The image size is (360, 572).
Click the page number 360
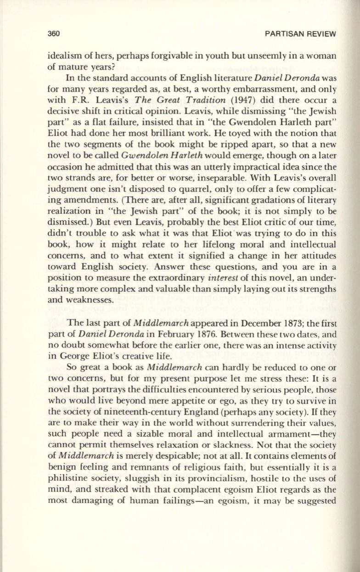click(x=55, y=34)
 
